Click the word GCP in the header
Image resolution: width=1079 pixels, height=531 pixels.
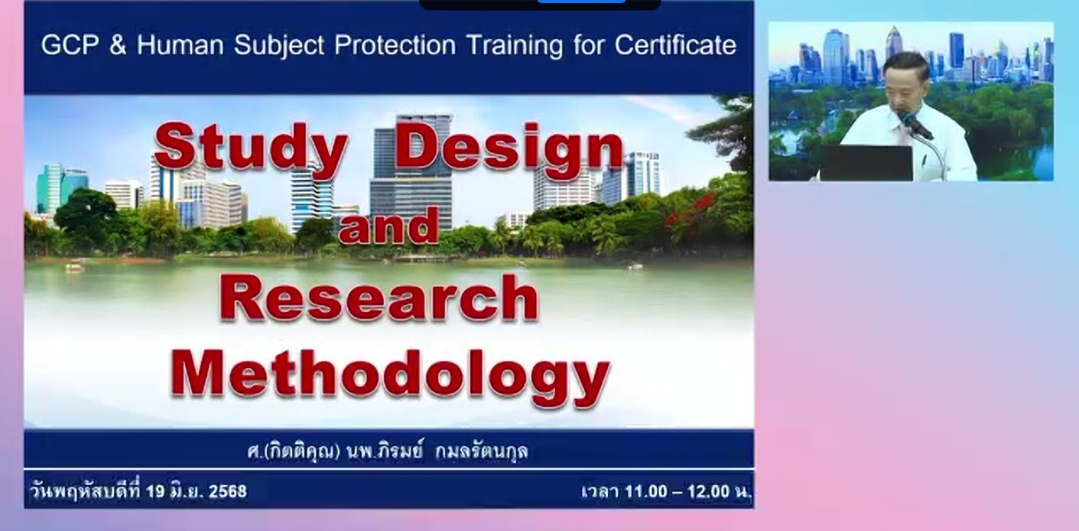70,45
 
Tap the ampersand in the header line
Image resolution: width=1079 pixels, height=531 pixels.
118,45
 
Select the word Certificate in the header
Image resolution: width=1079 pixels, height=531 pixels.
675,45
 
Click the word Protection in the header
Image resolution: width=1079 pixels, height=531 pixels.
395,45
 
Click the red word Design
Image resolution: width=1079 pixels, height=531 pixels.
510,145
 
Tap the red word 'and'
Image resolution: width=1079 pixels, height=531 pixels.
389,226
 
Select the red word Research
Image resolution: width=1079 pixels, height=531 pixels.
379,298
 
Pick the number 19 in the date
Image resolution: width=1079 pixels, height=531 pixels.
155,491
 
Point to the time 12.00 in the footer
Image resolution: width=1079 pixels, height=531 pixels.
709,491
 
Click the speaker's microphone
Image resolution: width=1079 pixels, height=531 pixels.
915,124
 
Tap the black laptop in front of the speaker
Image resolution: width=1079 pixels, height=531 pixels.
866,163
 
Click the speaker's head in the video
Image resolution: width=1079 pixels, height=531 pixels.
905,80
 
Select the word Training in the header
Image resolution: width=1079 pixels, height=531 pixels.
515,45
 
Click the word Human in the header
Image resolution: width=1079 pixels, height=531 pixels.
180,45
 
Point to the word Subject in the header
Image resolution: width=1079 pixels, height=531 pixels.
279,45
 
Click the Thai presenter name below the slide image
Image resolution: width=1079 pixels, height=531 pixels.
388,451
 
